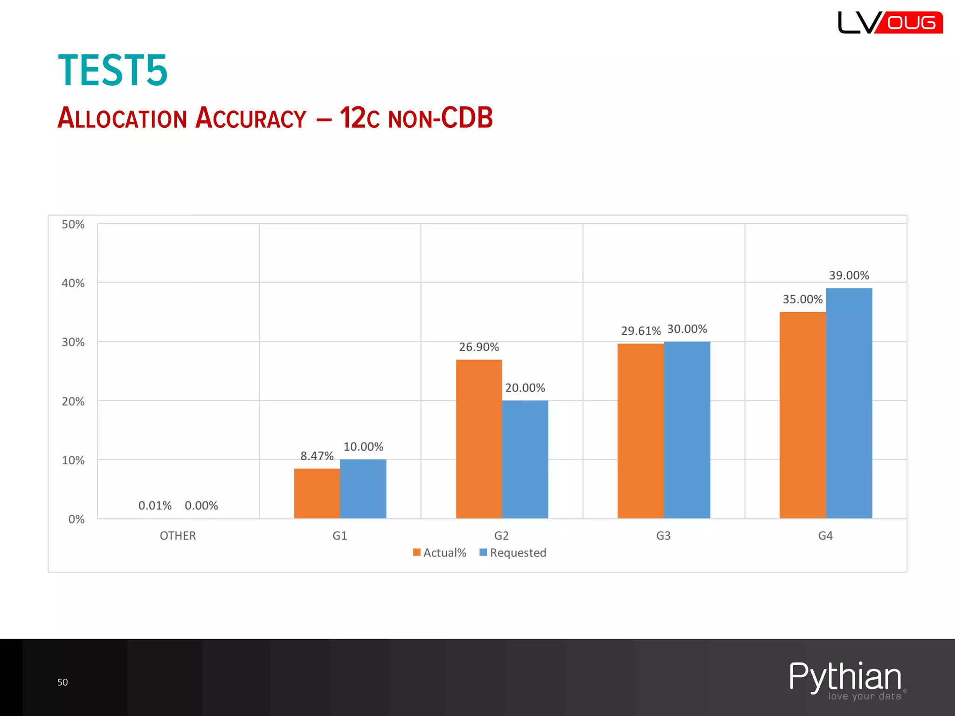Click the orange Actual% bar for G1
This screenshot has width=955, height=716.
317,493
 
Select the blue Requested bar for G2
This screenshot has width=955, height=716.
525,459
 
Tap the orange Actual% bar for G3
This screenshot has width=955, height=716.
641,431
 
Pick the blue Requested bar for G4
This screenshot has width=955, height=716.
849,403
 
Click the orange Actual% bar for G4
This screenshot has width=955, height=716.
803,415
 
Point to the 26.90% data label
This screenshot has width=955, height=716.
479,347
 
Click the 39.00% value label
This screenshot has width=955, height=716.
849,275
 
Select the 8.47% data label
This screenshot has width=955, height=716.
317,456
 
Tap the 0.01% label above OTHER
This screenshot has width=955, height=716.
155,506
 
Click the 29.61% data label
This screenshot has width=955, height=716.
641,331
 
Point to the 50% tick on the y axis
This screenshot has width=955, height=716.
73,225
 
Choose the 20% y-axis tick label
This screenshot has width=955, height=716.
73,402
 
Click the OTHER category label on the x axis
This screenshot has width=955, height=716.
178,536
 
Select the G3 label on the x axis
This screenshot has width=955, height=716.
663,536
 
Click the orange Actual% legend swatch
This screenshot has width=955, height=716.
417,552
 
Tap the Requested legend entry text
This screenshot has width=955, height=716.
518,553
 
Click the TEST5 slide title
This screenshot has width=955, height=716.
113,70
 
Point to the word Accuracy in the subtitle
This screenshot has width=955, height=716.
251,118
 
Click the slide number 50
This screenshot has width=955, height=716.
62,682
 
